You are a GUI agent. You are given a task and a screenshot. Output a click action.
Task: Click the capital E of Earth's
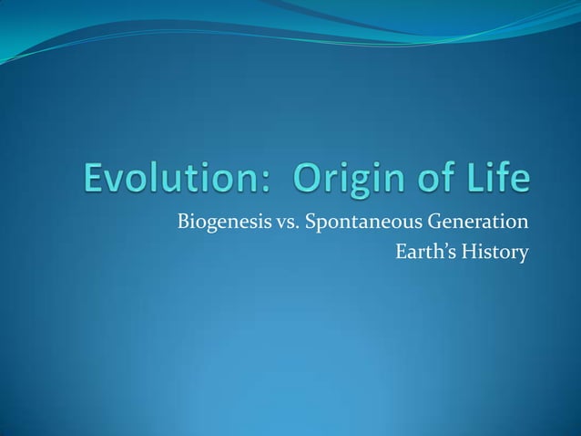pyautogui.click(x=401, y=250)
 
